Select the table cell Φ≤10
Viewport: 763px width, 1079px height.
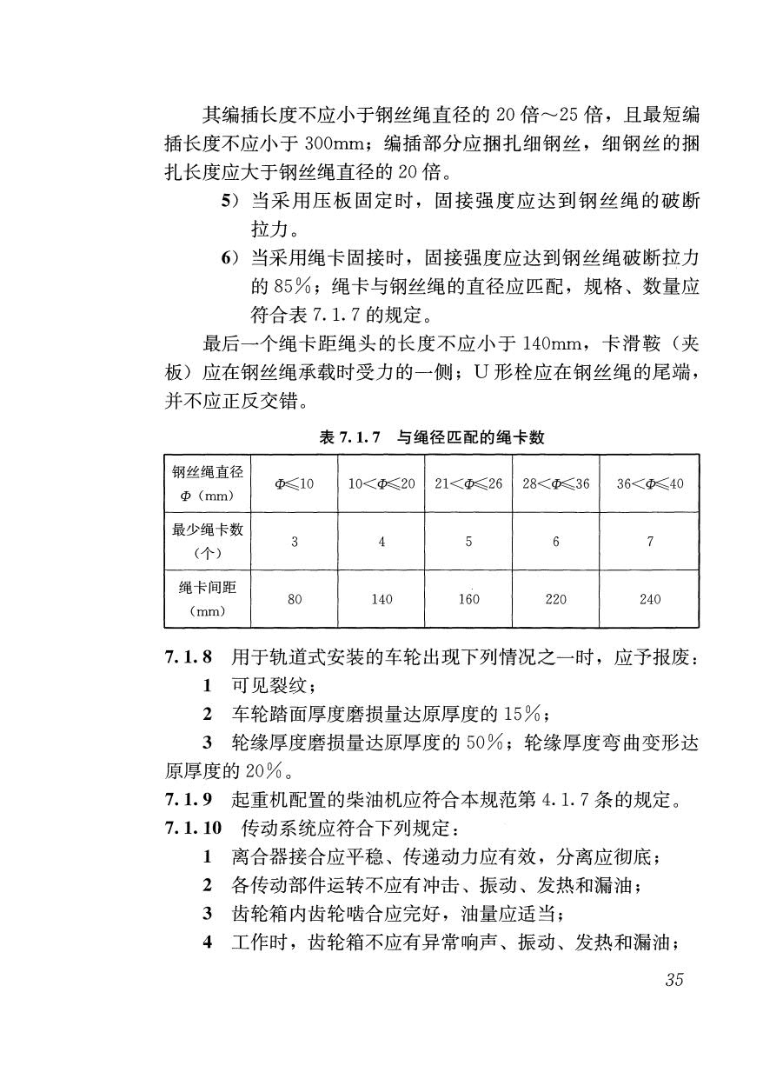[294, 483]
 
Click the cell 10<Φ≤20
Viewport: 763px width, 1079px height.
[381, 483]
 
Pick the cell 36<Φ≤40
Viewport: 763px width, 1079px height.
[649, 483]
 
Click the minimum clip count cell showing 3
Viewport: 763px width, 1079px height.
[294, 542]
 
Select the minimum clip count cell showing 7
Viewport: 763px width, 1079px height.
[649, 542]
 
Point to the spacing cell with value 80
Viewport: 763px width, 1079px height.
[294, 599]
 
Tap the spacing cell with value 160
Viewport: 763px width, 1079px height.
[468, 599]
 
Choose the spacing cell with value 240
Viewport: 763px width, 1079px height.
[649, 599]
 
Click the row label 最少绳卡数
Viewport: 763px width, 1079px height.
[207, 531]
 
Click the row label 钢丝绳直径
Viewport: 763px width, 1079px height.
[207, 472]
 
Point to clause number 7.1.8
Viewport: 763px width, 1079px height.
[189, 658]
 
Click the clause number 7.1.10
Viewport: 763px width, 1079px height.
[193, 828]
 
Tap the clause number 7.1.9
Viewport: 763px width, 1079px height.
[189, 800]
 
